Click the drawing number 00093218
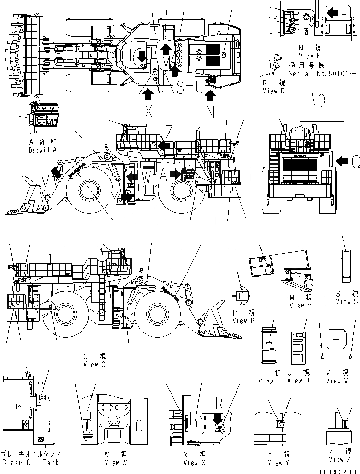(x=337, y=470)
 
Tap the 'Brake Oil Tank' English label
(x=30, y=462)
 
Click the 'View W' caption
(x=112, y=463)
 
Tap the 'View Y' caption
(x=279, y=463)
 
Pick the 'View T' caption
(x=270, y=381)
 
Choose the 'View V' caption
(x=334, y=381)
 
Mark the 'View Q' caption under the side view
(x=91, y=364)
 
